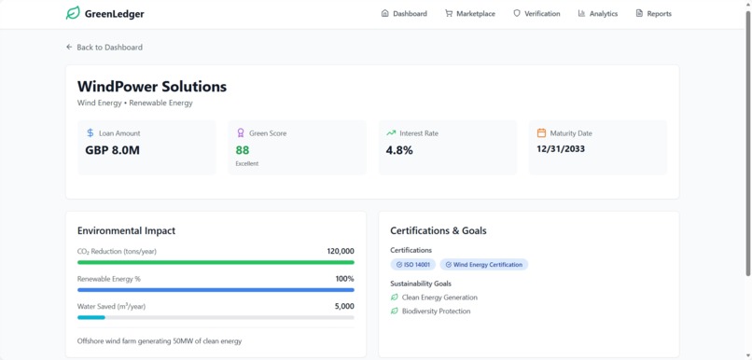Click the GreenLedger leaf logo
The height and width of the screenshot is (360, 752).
click(x=73, y=14)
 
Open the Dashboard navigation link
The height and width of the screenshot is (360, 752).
click(x=404, y=14)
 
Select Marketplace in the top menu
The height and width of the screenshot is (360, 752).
click(x=470, y=14)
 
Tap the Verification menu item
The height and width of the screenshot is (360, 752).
click(x=536, y=14)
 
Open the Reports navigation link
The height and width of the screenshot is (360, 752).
click(x=653, y=14)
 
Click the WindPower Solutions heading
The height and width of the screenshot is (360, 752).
click(x=152, y=86)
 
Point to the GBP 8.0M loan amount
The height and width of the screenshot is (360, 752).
click(x=112, y=150)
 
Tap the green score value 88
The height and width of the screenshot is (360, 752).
click(x=243, y=150)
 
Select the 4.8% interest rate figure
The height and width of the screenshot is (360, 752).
click(x=399, y=150)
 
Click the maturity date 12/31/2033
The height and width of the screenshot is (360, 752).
click(x=561, y=148)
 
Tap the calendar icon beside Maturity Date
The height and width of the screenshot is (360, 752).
click(x=541, y=133)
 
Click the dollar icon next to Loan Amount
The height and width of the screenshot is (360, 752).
click(x=91, y=133)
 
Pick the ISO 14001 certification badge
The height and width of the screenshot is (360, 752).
click(x=412, y=265)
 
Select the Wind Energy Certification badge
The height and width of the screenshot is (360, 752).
click(x=483, y=265)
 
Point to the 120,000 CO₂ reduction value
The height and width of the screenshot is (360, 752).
click(x=340, y=251)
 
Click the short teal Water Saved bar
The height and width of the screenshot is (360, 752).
click(x=91, y=318)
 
